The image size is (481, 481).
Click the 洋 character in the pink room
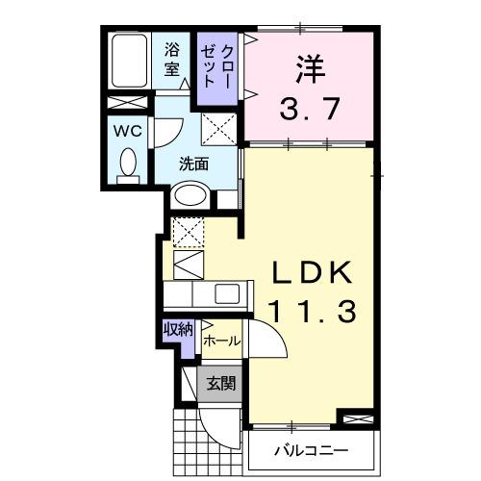[x=309, y=69]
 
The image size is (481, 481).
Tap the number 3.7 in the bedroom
[x=309, y=108]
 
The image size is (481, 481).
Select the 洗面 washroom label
[x=193, y=164]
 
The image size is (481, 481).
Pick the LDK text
[x=312, y=273]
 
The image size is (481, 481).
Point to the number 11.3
[x=312, y=311]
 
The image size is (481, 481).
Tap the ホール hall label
[x=221, y=341]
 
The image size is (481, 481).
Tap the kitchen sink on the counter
[x=229, y=293]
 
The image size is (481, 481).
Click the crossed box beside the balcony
[x=354, y=418]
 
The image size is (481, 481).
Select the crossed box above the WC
[x=126, y=103]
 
